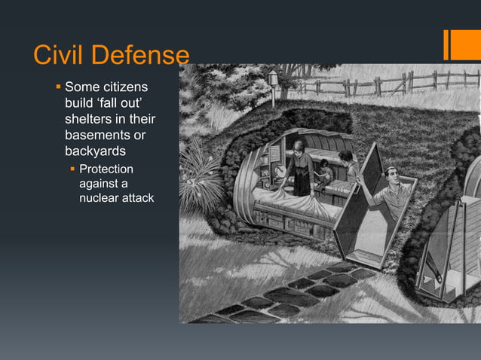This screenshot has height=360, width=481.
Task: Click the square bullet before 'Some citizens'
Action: click(x=58, y=88)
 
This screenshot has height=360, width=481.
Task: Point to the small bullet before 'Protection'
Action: click(x=73, y=169)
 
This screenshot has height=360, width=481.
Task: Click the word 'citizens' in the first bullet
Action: click(x=125, y=89)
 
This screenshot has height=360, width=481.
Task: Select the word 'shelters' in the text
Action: click(x=87, y=121)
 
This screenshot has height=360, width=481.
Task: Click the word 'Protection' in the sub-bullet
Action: click(x=106, y=169)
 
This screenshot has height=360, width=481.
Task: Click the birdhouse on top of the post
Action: click(x=273, y=78)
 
